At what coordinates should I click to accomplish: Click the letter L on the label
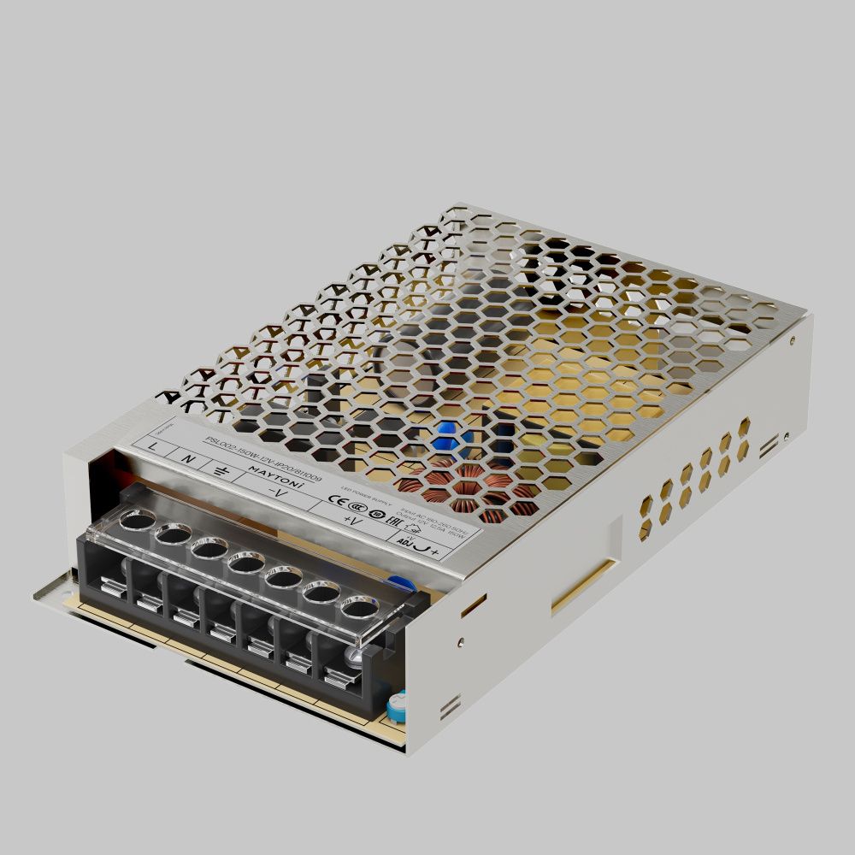[x=152, y=447]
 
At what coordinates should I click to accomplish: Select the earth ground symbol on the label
[x=221, y=471]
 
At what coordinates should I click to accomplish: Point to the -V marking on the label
[x=275, y=494]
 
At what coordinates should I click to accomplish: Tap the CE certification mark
[x=335, y=502]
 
